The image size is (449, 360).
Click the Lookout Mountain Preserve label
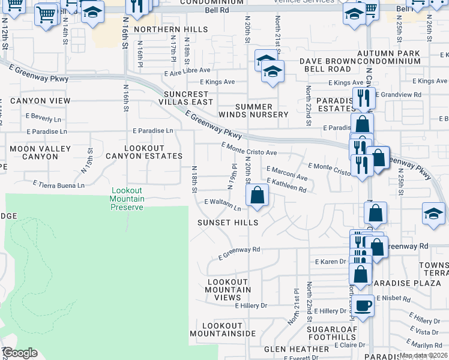pos(127,199)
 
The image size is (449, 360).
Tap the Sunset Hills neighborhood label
pos(228,223)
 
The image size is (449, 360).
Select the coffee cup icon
pos(363,306)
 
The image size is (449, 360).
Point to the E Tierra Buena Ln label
pos(59,185)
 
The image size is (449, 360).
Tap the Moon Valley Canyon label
pos(34,152)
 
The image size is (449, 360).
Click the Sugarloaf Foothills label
pos(332,333)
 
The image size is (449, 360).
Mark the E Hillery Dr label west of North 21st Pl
pos(251,305)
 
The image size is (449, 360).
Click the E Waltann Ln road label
pos(223,205)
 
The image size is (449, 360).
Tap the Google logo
pos(20,353)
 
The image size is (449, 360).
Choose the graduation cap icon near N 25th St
pos(433,214)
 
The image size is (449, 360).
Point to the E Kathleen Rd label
pos(286,185)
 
